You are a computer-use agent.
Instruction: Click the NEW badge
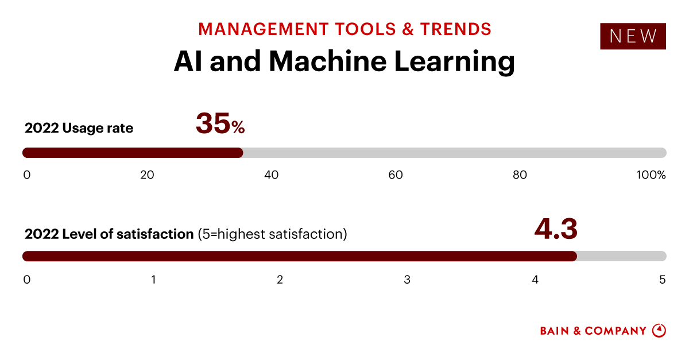pyautogui.click(x=633, y=36)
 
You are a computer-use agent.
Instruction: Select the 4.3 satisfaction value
pyautogui.click(x=555, y=229)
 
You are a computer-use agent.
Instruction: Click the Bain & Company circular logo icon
pyautogui.click(x=659, y=331)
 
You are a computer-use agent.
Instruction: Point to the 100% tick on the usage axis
pyautogui.click(x=651, y=175)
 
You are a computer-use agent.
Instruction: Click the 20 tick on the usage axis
pyautogui.click(x=147, y=175)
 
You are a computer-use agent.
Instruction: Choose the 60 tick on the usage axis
pyautogui.click(x=396, y=175)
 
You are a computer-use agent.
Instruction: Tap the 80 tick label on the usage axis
pyautogui.click(x=520, y=175)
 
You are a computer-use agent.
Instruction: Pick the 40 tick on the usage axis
pyautogui.click(x=271, y=175)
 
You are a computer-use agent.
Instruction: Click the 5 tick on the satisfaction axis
pyautogui.click(x=662, y=280)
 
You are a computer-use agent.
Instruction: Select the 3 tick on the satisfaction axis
pyautogui.click(x=407, y=280)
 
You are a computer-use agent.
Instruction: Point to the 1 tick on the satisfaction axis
pyautogui.click(x=153, y=280)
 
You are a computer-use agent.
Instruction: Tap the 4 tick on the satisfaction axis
pyautogui.click(x=535, y=280)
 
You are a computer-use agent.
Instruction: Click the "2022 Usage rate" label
pyautogui.click(x=79, y=128)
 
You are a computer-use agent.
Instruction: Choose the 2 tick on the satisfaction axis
pyautogui.click(x=280, y=280)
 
